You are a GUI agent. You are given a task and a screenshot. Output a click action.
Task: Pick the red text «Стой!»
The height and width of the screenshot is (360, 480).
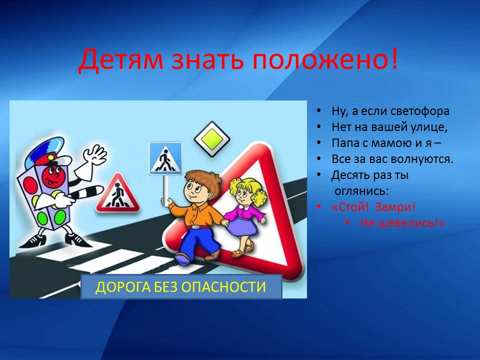351,207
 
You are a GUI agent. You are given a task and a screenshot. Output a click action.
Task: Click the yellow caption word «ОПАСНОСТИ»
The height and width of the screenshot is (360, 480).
223,287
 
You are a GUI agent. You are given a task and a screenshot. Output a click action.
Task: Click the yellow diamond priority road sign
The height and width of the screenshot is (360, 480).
212,139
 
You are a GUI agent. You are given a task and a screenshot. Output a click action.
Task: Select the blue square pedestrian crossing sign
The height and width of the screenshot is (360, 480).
165,158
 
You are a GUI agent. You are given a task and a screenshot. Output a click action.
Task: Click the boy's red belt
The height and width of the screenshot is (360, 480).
198,227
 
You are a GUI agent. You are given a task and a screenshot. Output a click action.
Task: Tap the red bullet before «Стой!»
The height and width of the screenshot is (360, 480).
319,207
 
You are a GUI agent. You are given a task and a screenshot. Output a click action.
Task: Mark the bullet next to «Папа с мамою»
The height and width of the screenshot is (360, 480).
319,143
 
